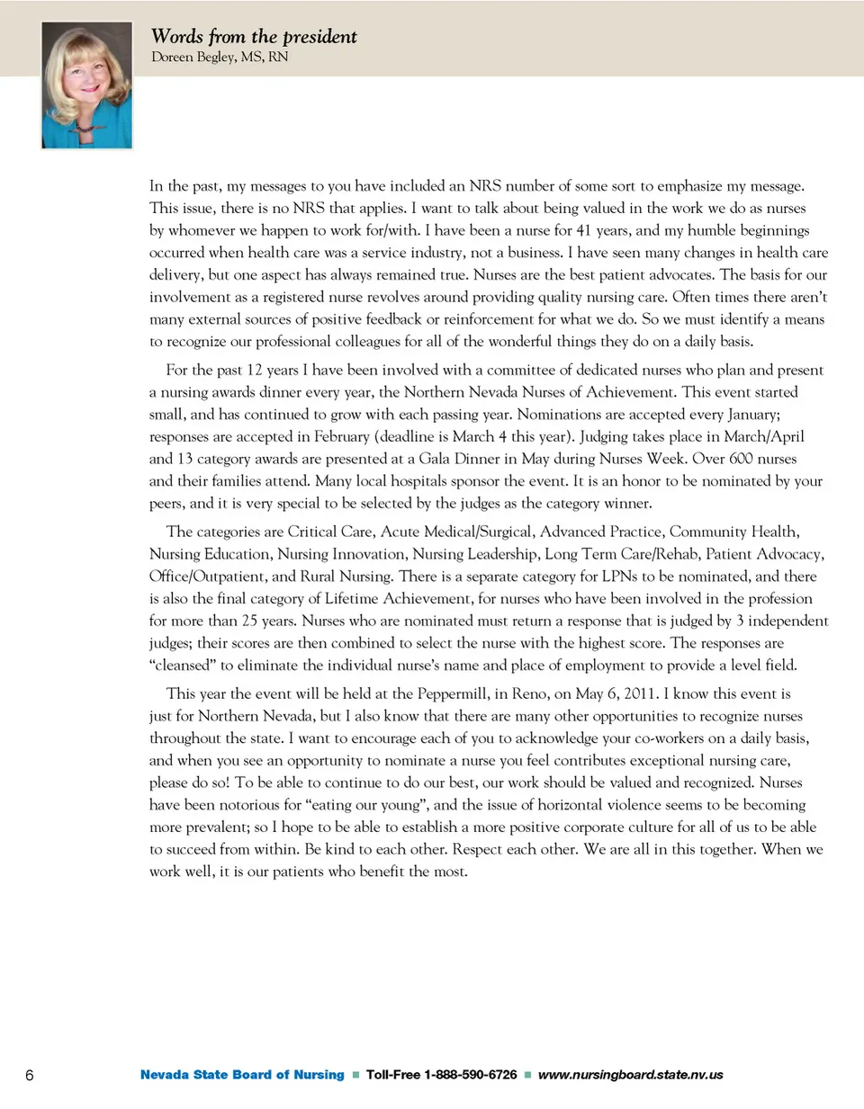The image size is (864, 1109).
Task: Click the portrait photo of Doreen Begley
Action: click(86, 85)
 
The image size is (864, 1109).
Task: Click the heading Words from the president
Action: click(254, 37)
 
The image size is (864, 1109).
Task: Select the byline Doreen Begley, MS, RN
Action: click(220, 57)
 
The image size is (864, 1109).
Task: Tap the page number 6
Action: click(30, 1075)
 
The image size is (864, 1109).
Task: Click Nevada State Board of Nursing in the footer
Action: click(242, 1074)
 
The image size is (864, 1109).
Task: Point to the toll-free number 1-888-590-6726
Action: click(470, 1074)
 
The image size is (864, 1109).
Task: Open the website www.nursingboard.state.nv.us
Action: click(630, 1074)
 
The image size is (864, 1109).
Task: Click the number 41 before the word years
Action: click(583, 230)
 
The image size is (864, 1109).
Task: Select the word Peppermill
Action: click(447, 693)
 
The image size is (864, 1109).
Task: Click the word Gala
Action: click(434, 459)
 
